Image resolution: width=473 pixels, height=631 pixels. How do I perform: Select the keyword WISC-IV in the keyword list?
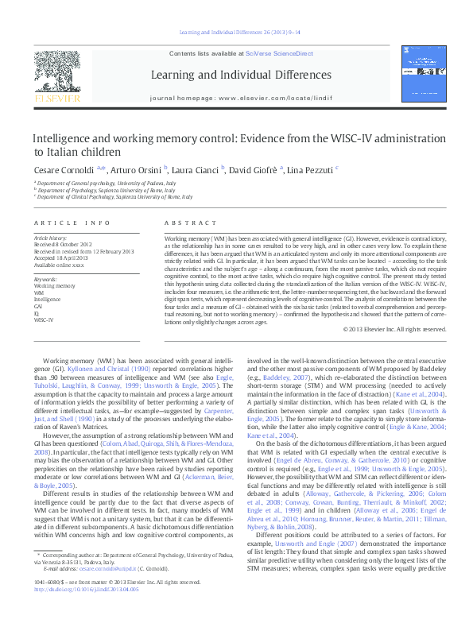43,319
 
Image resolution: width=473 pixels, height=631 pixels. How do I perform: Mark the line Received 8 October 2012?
61,244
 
